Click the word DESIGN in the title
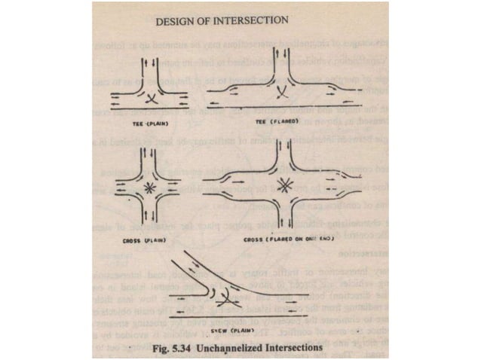(176, 21)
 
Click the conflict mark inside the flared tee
(283, 93)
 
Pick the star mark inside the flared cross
(285, 182)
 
